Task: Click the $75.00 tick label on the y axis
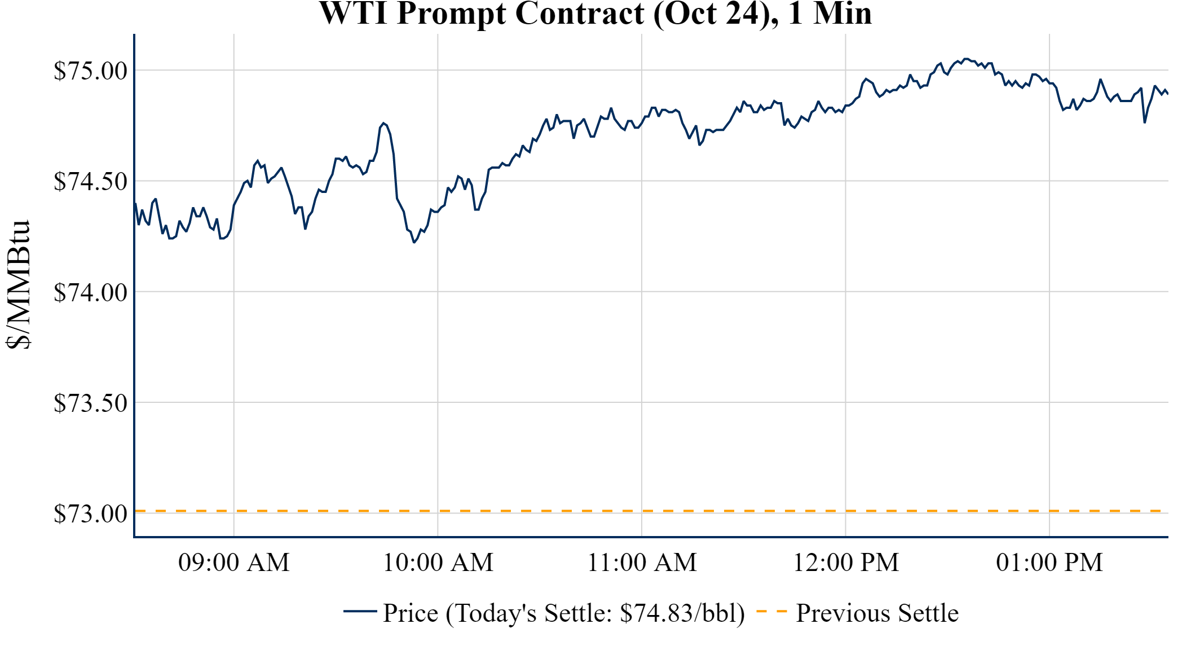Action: (x=90, y=71)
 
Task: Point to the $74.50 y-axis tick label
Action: (x=90, y=182)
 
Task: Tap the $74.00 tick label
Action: (x=90, y=292)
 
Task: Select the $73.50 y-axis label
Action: (x=90, y=403)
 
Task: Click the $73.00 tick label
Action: (x=90, y=513)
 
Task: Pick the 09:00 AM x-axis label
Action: (x=234, y=563)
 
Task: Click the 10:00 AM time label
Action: (x=438, y=563)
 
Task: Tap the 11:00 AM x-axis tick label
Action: (x=642, y=563)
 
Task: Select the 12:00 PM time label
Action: (x=846, y=563)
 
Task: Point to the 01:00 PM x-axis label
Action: (x=1049, y=563)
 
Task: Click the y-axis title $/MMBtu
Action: (x=18, y=285)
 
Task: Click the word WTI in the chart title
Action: (x=353, y=14)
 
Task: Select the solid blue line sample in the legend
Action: (x=360, y=611)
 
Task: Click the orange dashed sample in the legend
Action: (x=771, y=611)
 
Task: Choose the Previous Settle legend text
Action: (x=877, y=613)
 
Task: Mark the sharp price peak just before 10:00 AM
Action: (x=383, y=123)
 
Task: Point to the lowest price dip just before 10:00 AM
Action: (x=414, y=242)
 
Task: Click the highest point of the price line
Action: (x=965, y=59)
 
